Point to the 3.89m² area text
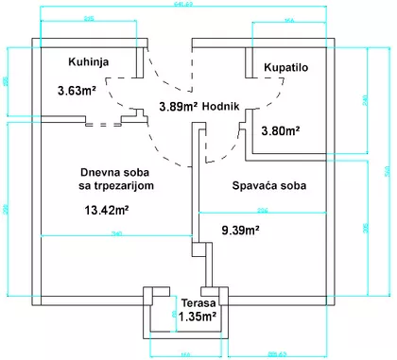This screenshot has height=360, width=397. tap(178, 106)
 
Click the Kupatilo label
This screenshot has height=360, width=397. tap(286, 69)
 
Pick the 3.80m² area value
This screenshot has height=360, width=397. tap(281, 131)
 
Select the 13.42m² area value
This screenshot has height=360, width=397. tap(108, 211)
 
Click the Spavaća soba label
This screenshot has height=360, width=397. tap(269, 185)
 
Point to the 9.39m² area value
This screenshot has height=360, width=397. tap(240, 229)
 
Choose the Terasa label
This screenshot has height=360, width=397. tap(199, 303)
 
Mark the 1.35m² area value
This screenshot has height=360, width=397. tap(198, 317)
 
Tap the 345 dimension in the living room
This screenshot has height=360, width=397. tap(118, 233)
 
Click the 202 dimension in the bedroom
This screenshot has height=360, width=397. tap(262, 209)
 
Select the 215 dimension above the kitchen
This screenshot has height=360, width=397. tap(88, 17)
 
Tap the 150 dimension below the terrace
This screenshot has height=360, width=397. tap(185, 354)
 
